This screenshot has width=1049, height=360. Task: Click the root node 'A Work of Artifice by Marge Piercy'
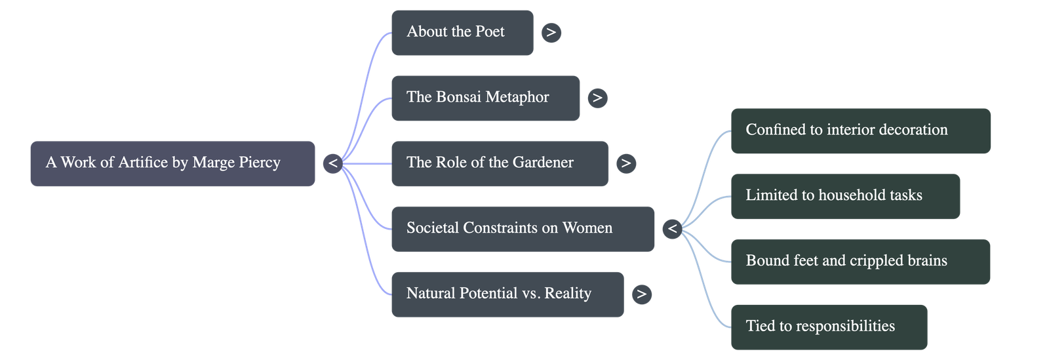172,163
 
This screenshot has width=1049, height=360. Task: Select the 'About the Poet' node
462,32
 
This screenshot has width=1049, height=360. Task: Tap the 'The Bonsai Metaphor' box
485,98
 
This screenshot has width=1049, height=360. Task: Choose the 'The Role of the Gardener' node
499,163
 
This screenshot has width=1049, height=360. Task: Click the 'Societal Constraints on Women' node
523,229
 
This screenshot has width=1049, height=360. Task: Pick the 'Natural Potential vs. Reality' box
507,294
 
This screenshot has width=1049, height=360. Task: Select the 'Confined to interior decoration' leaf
860,130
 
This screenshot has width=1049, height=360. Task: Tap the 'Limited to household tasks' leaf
845,196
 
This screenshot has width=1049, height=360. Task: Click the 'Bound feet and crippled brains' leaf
860,262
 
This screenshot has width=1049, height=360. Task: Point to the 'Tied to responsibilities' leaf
829,327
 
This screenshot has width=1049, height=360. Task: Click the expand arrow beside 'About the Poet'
551,32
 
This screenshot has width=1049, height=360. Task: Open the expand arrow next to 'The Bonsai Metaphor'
597,98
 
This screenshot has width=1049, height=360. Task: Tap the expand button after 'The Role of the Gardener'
625,163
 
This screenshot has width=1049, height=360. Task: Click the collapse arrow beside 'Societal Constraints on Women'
672,229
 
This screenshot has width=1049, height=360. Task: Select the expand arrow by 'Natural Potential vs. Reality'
641,294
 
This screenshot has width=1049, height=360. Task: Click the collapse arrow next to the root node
333,163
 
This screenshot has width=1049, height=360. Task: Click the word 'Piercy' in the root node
258,163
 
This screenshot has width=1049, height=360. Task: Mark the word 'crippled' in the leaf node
875,261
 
